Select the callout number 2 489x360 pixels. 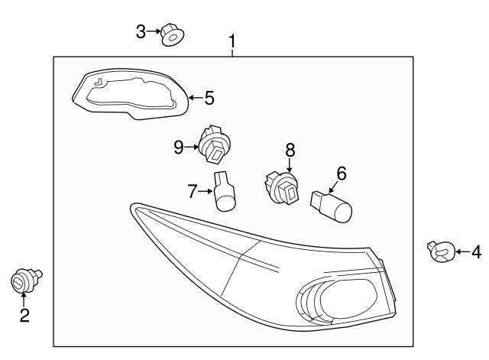[x=24, y=315]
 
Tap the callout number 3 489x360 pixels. [x=141, y=31]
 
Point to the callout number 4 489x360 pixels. [x=475, y=251]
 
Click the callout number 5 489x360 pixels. [x=209, y=98]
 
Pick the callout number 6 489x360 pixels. [x=341, y=174]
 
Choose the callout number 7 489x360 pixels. [x=193, y=190]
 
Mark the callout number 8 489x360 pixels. [x=290, y=150]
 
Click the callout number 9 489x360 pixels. [x=179, y=147]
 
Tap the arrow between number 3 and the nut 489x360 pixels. [x=154, y=31]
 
